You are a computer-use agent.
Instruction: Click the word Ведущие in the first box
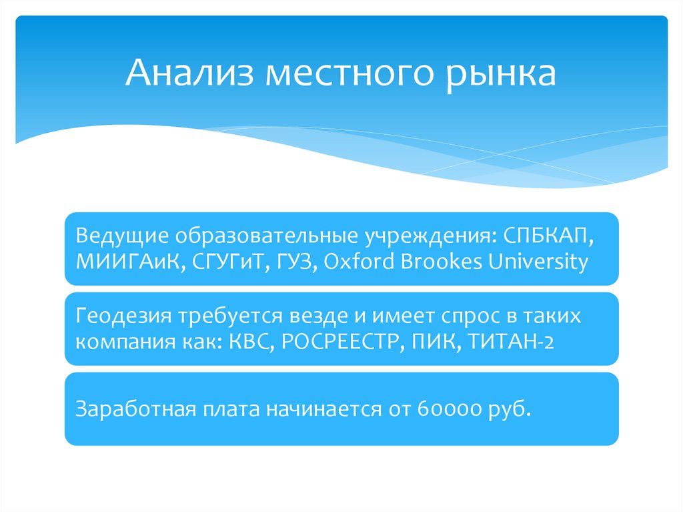[x=121, y=236]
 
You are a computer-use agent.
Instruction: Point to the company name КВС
[x=250, y=342]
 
